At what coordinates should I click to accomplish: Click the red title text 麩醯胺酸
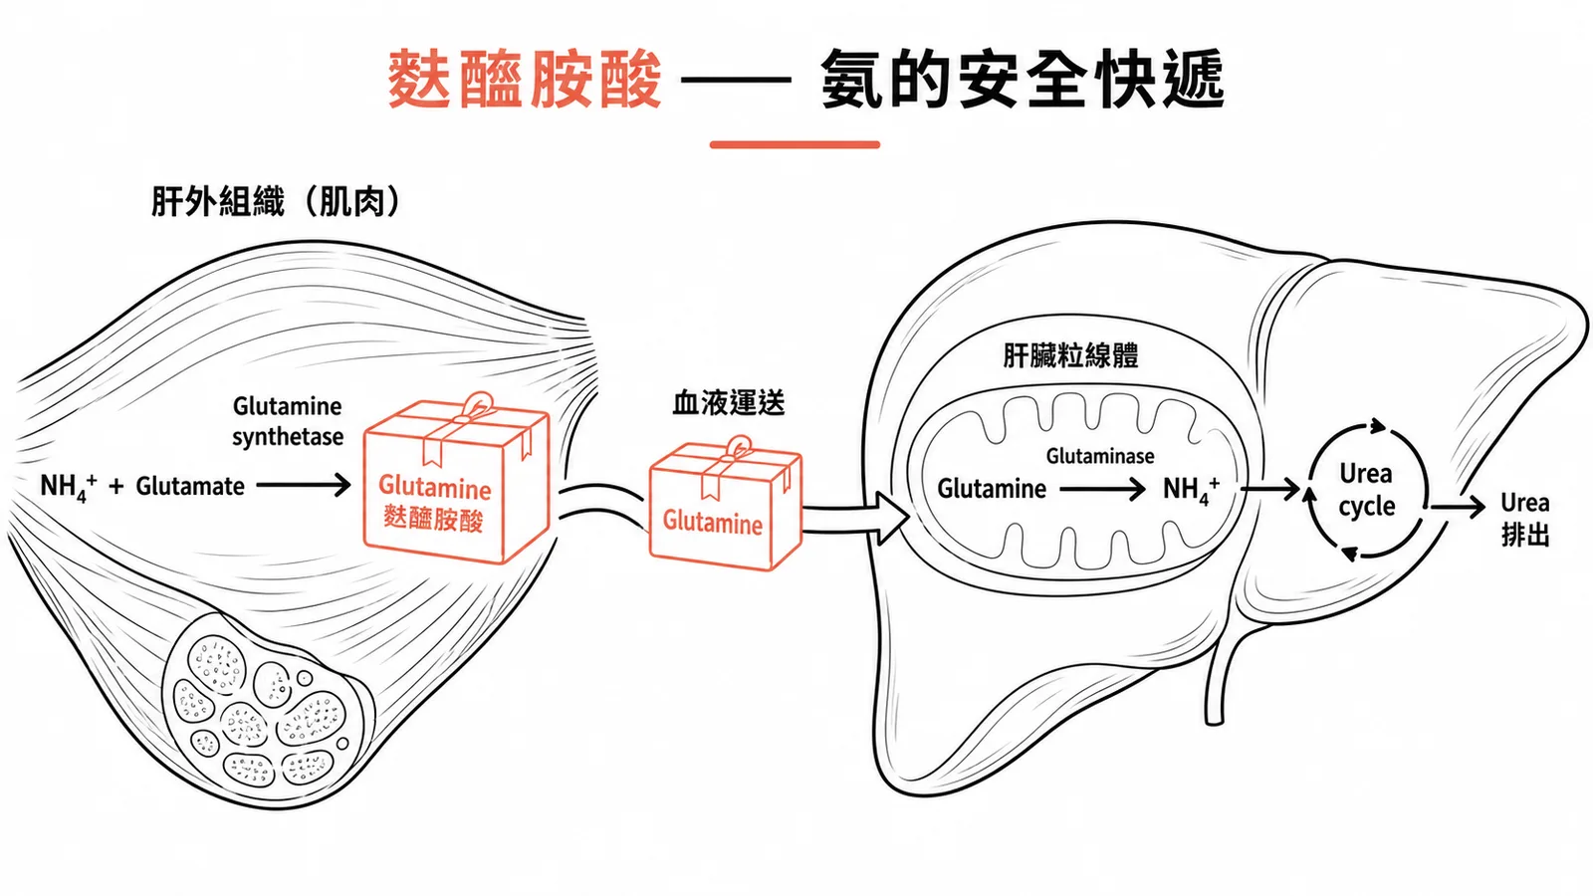(525, 79)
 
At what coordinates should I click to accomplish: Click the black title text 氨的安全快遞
(1023, 79)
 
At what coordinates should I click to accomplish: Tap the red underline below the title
(795, 144)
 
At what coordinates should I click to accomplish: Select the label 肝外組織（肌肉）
(277, 201)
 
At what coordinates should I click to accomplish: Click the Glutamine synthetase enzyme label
(288, 421)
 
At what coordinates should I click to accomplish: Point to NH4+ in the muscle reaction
(69, 487)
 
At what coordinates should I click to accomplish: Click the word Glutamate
(190, 487)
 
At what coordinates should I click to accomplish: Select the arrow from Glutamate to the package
(304, 486)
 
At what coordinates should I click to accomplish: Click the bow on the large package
(478, 407)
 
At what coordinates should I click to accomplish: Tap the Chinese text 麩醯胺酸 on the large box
(433, 519)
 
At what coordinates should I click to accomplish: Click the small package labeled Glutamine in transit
(726, 506)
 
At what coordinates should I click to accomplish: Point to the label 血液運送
(728, 403)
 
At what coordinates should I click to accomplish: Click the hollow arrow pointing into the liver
(856, 517)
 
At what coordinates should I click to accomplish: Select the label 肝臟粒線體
(1070, 355)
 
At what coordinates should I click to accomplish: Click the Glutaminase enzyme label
(1100, 456)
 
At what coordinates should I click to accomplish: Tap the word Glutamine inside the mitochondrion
(992, 489)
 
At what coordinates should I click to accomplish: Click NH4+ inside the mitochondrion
(1191, 490)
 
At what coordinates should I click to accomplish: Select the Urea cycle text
(1366, 490)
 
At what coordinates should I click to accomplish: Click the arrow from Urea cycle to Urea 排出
(1458, 507)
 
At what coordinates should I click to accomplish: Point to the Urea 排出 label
(1524, 519)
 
